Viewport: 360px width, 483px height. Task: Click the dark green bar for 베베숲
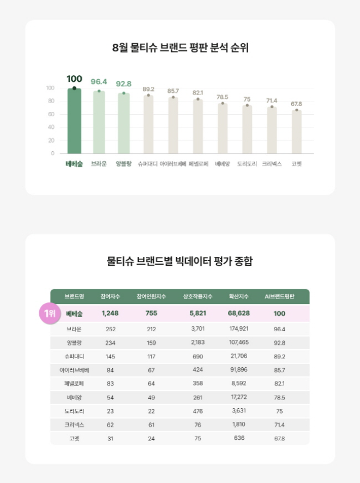tap(74, 121)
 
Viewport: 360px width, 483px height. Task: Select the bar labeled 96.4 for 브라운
tap(99, 123)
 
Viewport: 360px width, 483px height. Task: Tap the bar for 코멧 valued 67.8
tap(297, 132)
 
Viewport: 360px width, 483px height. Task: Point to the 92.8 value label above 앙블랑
tap(124, 84)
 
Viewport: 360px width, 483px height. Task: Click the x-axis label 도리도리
tap(247, 164)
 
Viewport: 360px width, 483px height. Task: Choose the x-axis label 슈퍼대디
tap(148, 164)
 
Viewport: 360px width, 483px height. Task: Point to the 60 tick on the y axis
tap(51, 114)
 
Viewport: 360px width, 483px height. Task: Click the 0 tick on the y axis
tap(52, 153)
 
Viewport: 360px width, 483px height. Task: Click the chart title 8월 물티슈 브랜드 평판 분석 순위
tap(180, 47)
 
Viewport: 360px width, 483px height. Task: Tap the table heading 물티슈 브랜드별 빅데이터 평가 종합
tap(180, 261)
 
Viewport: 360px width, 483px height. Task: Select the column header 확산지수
tap(238, 296)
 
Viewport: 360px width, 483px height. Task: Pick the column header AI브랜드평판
tap(279, 296)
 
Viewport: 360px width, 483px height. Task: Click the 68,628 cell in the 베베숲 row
tap(238, 313)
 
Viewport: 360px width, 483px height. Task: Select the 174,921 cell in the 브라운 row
tap(238, 329)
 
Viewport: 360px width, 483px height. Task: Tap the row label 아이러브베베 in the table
tap(74, 370)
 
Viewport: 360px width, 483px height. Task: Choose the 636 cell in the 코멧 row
tap(238, 438)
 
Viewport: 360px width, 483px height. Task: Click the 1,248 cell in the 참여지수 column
tap(110, 313)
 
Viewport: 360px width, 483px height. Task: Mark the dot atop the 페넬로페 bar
tap(197, 99)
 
